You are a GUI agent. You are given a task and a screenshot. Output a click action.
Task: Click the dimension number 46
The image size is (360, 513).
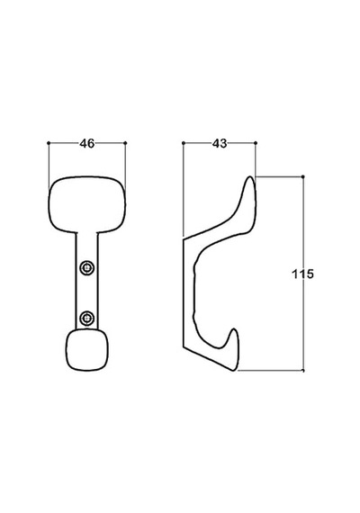[86, 143]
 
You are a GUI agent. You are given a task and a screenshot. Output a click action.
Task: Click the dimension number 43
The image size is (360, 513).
[220, 143]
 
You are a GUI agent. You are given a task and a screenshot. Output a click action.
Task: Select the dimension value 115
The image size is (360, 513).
[302, 274]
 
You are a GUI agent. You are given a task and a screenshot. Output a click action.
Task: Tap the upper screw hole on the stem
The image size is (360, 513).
[86, 268]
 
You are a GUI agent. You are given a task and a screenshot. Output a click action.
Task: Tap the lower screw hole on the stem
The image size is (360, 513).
[86, 318]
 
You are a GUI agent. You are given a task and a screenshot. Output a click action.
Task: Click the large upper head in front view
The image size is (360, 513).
[87, 205]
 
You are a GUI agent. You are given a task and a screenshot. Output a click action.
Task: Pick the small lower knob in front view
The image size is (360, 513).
[87, 350]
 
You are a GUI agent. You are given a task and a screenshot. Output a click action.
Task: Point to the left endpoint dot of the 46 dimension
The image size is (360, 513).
[49, 142]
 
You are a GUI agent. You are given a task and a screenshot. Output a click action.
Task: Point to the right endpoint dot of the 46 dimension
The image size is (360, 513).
[125, 142]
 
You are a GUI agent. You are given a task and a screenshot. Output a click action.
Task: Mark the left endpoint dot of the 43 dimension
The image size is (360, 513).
[184, 142]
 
